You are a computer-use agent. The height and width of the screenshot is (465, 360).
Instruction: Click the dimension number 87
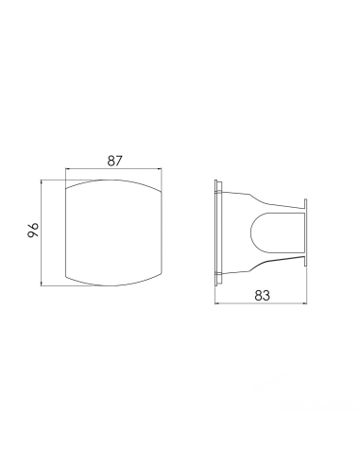coord(114,161)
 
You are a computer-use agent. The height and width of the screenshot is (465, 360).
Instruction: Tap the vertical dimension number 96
coord(31,229)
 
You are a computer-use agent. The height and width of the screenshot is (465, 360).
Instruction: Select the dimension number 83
coord(263,295)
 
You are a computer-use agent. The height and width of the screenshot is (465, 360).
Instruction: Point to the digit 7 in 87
coord(120,161)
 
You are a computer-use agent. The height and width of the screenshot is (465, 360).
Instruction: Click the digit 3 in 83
coord(268,295)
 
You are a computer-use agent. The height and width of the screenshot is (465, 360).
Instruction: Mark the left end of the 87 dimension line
coord(64,170)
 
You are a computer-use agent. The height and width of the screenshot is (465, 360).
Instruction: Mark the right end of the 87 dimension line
coord(165,170)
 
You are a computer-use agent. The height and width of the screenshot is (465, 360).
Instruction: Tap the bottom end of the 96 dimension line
coord(43,284)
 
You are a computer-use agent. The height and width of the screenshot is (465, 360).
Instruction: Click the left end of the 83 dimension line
coord(216,304)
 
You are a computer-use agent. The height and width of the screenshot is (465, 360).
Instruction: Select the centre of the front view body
coord(114,229)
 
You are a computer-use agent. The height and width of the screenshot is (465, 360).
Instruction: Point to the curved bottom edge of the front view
coord(114,283)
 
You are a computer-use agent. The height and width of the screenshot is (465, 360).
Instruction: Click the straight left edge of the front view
coord(64,229)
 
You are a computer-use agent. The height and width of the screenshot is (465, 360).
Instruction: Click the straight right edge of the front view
coord(165,229)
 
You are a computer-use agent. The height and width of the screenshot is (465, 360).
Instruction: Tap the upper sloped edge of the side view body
coord(269,198)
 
